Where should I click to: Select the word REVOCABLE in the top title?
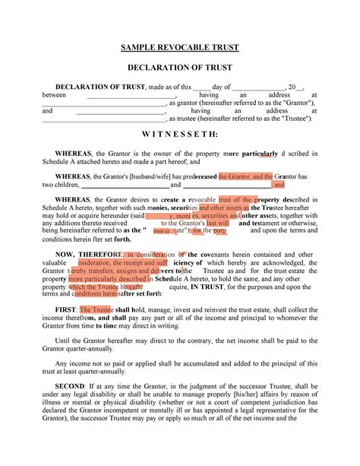(183, 48)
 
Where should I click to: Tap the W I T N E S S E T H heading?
(180, 134)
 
